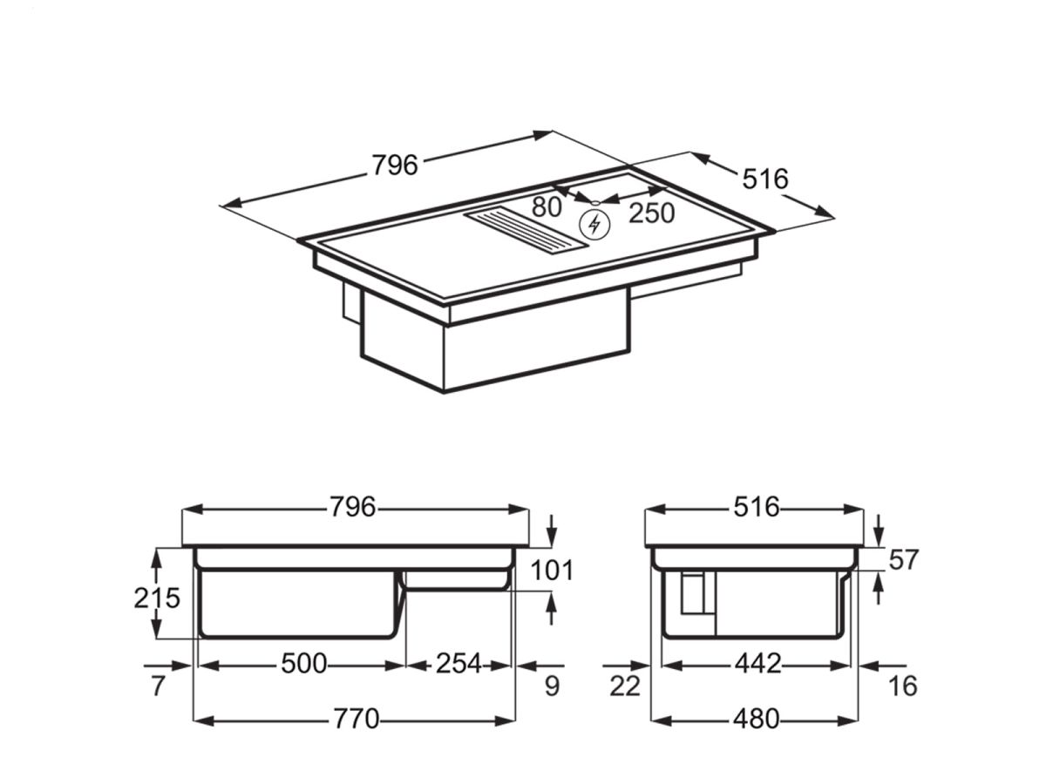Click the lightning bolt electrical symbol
(x=595, y=225)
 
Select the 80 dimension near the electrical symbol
(x=547, y=207)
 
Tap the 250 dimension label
(x=652, y=213)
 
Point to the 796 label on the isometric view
(x=395, y=165)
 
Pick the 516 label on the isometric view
(x=764, y=179)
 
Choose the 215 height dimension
(x=157, y=598)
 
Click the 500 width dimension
(x=303, y=664)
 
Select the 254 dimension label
(x=458, y=664)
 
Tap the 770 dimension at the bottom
(x=357, y=720)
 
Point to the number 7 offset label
(x=157, y=686)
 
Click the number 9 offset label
(x=551, y=686)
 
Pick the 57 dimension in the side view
(x=903, y=559)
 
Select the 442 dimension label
(x=757, y=664)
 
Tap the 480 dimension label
(x=755, y=720)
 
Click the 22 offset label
(x=624, y=686)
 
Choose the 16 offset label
(x=903, y=686)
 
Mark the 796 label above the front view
(x=353, y=507)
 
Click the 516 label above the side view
(x=756, y=507)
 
